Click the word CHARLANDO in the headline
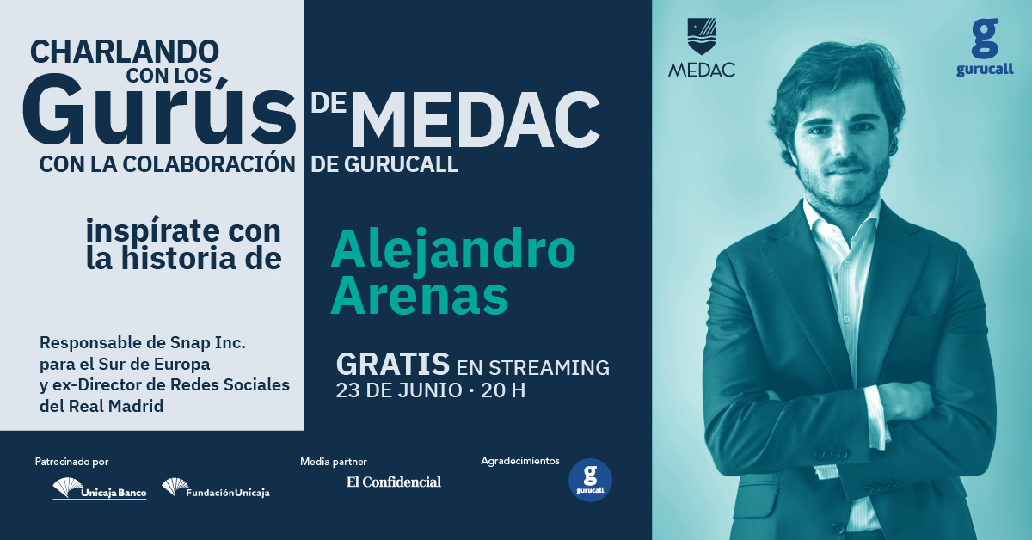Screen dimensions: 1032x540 [125, 52]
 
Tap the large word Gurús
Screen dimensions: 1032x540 [159, 111]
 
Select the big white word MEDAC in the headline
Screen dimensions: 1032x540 [476, 120]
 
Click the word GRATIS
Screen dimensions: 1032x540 [393, 364]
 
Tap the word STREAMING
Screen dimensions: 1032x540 [550, 368]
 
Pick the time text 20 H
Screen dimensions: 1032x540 [503, 390]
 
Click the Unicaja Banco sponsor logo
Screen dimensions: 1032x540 [100, 489]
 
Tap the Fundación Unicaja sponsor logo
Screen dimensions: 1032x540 [216, 489]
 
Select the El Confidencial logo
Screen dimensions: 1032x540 [394, 482]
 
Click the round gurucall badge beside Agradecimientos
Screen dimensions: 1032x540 [590, 480]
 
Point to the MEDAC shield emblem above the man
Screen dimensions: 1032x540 [702, 36]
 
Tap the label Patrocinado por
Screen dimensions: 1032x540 [72, 462]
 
